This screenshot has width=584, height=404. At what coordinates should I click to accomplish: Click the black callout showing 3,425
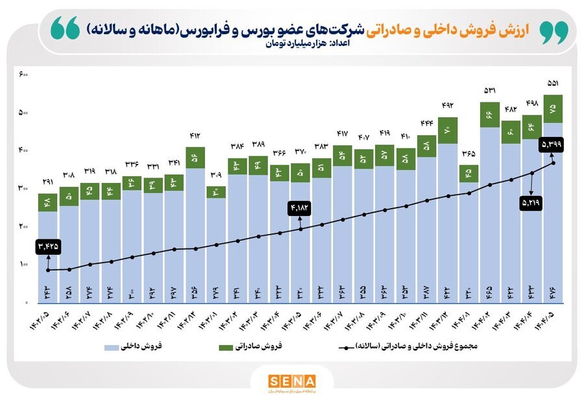point(48,246)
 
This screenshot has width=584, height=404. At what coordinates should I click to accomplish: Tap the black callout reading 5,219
point(531,203)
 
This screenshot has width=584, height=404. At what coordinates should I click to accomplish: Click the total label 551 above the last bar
point(554,83)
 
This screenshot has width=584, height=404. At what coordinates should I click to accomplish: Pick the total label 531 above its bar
point(491,90)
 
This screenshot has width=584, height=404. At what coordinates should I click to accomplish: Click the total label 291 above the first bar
point(48,182)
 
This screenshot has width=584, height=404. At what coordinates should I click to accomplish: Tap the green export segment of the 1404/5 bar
point(554,109)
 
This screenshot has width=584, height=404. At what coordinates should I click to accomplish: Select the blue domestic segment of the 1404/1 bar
point(469,240)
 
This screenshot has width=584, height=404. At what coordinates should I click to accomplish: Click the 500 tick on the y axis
point(23,113)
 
